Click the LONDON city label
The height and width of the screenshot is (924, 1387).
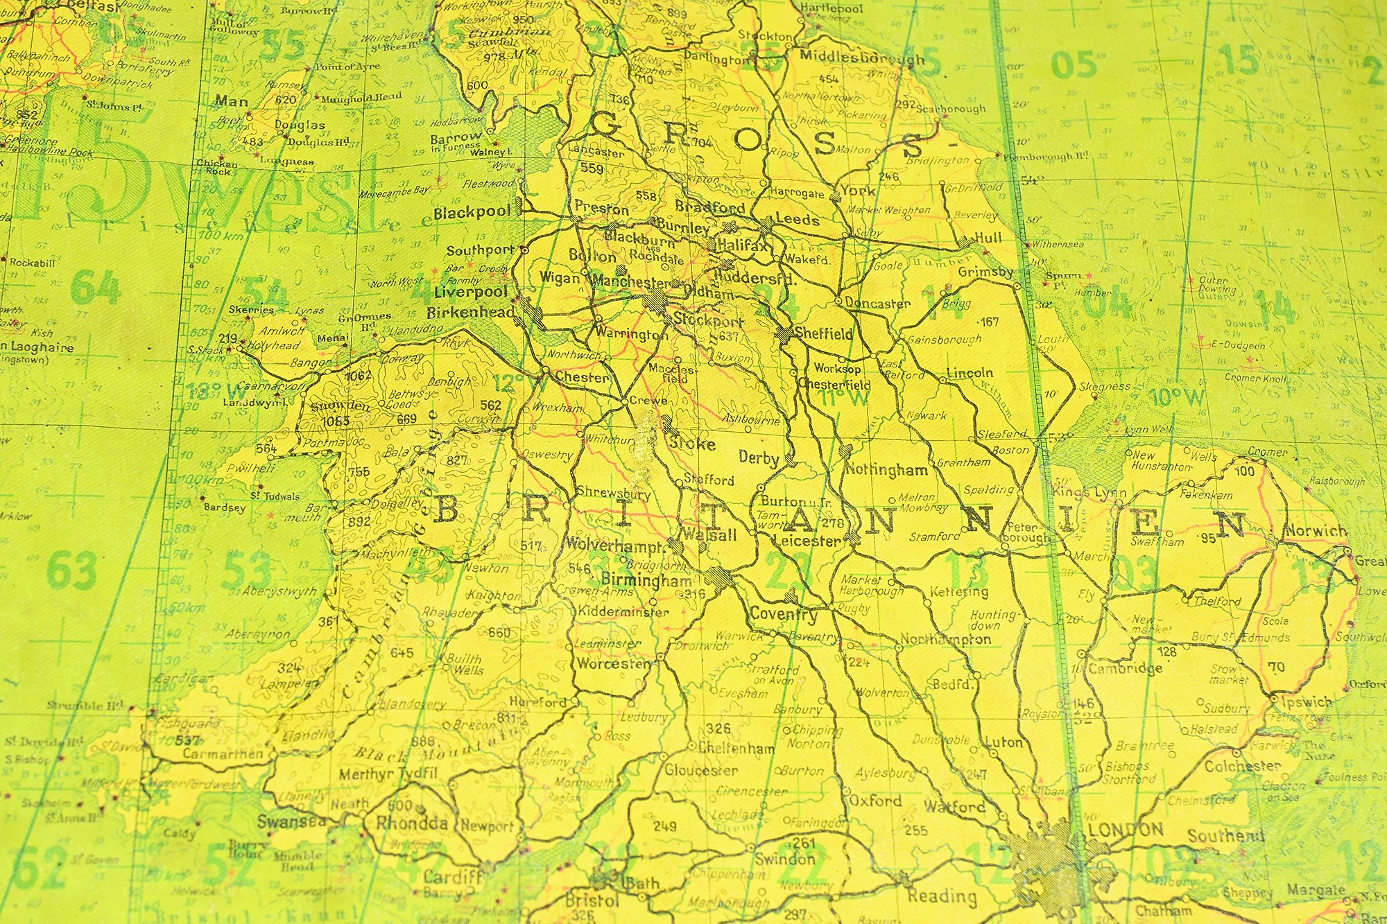[x=1126, y=830]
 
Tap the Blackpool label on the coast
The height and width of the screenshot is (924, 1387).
[x=472, y=213]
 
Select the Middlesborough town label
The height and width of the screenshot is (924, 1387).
[x=861, y=58]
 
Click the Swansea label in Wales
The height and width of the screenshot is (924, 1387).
[x=291, y=822]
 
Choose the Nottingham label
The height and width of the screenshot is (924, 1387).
[x=886, y=470]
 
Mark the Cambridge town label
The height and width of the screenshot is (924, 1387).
[x=1125, y=668]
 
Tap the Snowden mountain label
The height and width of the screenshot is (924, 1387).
[x=341, y=406]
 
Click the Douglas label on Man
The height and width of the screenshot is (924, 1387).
[x=300, y=125]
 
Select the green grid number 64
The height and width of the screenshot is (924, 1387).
[x=95, y=287]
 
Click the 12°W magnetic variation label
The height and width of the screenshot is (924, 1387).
[x=511, y=382]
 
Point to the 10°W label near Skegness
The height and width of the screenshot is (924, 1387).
[x=1177, y=397]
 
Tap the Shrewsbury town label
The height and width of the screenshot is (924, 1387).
[x=614, y=494]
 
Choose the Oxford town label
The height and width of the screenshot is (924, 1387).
[x=875, y=801]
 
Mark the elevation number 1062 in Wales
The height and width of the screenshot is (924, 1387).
[x=358, y=376]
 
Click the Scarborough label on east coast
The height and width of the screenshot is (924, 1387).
[x=950, y=109]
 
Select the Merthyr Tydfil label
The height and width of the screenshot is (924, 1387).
[x=388, y=774]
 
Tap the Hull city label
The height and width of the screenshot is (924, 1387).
[x=988, y=238]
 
